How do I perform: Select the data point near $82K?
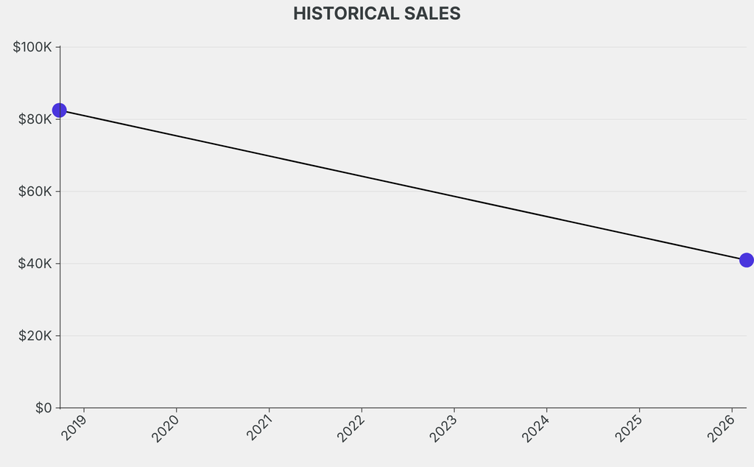point(60,110)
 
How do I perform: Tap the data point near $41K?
point(746,260)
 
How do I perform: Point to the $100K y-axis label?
point(32,47)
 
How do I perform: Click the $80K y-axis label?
point(35,119)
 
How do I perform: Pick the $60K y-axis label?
point(35,192)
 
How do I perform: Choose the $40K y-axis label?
point(35,264)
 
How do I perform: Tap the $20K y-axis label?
point(35,336)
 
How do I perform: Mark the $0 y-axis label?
point(43,408)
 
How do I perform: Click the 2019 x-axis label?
point(74,427)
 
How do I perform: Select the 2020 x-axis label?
point(166,427)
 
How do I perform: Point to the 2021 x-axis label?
point(259,427)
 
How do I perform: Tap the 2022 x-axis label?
point(351,427)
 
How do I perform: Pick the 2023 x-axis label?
point(444,427)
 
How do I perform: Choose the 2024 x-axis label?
point(536,427)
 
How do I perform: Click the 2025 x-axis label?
point(629,427)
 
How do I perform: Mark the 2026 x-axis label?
point(722,427)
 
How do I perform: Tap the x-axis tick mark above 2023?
point(454,410)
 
